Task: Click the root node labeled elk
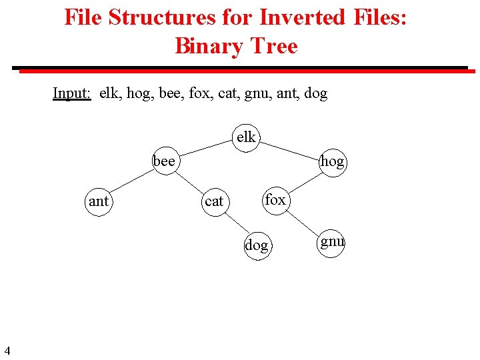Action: (x=246, y=138)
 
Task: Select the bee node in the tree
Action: (x=164, y=161)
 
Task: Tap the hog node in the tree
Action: (x=332, y=161)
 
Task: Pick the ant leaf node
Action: (x=99, y=201)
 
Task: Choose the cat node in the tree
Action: (x=214, y=201)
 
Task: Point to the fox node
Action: (x=275, y=199)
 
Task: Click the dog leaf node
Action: (x=257, y=245)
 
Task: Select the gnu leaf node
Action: (x=332, y=241)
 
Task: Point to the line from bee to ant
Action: (x=131, y=181)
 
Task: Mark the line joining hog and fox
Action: (x=303, y=181)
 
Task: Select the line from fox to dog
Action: (x=266, y=222)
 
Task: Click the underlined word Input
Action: (x=72, y=93)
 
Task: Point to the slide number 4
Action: (x=7, y=350)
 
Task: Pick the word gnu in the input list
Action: (x=253, y=93)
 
